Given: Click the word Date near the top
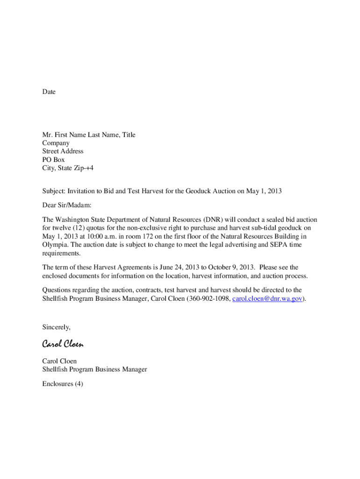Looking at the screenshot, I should [49, 92].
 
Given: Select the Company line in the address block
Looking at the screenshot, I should [56, 143].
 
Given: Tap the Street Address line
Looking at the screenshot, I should [63, 152].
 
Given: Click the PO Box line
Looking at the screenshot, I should [53, 160].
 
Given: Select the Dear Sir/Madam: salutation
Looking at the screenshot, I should [67, 205].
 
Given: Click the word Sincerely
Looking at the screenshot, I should [56, 327].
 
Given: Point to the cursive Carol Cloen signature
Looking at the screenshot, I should [63, 344].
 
